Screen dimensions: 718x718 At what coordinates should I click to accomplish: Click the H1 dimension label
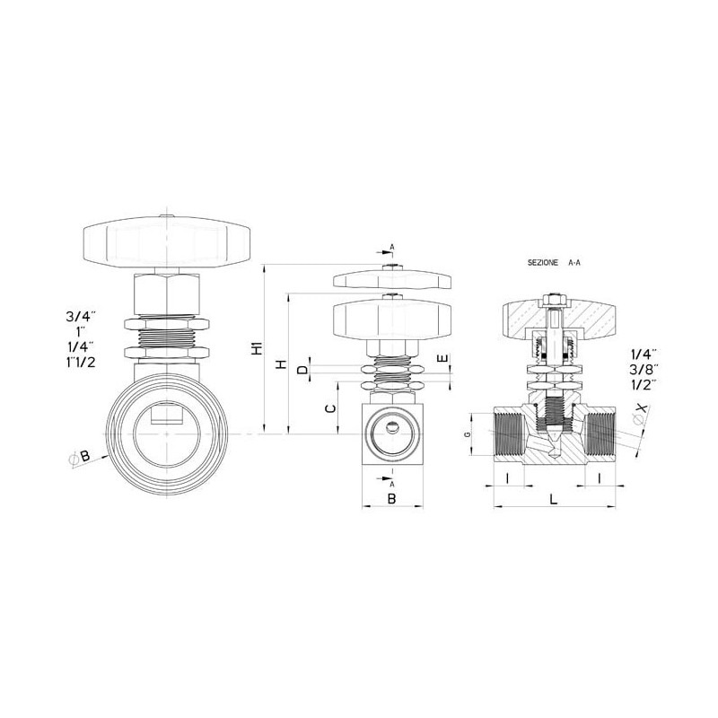[258, 347]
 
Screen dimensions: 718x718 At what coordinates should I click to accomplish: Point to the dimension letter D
[303, 370]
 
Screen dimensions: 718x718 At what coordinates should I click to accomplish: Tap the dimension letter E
[442, 358]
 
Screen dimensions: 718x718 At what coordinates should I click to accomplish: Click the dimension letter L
[554, 499]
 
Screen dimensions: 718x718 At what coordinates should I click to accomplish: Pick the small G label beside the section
[467, 434]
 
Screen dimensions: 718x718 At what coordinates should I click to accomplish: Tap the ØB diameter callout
[80, 457]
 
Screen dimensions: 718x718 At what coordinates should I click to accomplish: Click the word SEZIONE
[543, 263]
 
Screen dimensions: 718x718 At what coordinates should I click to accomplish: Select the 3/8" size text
[644, 369]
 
